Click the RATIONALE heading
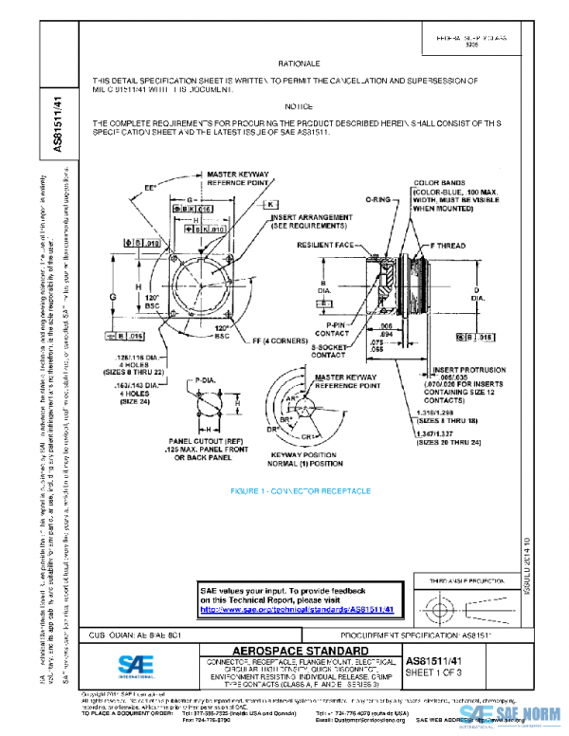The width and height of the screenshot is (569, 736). coord(293,62)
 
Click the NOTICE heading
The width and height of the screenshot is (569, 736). coord(299,107)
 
